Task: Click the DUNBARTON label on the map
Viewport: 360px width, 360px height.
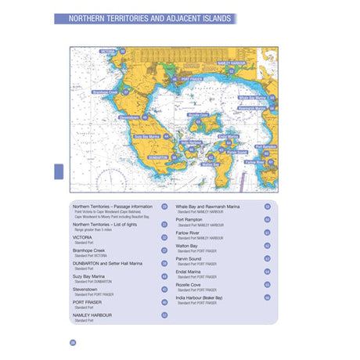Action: coord(157,157)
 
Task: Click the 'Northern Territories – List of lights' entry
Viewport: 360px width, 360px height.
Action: coord(106,224)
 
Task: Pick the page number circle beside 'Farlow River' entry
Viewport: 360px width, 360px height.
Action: coord(267,232)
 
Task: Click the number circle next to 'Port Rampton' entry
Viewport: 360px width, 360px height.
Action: coord(267,220)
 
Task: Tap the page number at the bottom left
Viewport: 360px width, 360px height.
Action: coord(73,342)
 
